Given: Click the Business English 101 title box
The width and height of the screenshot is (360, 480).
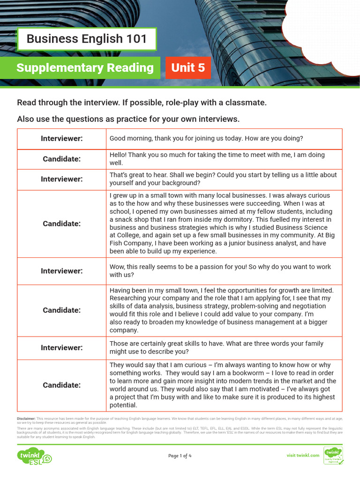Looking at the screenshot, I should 87,39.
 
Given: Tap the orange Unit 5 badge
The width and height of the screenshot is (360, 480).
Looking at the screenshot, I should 188,68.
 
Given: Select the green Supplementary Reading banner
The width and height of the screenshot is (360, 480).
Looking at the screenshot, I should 85,68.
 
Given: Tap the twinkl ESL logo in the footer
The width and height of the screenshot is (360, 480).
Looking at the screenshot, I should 34,456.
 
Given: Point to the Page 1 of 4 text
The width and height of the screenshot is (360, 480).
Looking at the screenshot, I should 180,456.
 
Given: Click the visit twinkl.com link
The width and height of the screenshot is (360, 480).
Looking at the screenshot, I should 303,455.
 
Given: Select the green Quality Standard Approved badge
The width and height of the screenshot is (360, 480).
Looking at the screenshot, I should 333,456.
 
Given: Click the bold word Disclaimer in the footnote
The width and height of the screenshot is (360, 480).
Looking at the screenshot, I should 26,418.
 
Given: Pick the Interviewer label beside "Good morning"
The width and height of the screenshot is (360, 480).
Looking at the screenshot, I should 61,139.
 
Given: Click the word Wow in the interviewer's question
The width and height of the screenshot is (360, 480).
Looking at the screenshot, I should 117,267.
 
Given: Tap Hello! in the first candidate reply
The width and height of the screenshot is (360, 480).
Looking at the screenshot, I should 119,155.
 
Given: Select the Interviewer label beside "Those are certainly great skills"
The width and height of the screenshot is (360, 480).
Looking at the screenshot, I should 61,348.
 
